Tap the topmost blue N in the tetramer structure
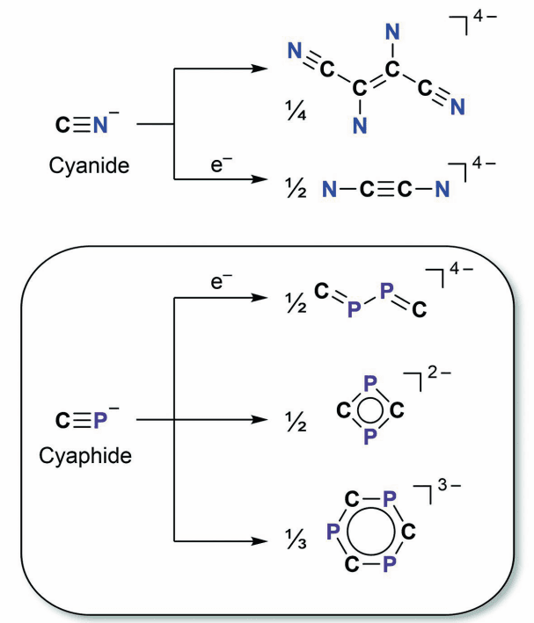(393, 32)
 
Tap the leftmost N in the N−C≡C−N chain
(326, 186)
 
